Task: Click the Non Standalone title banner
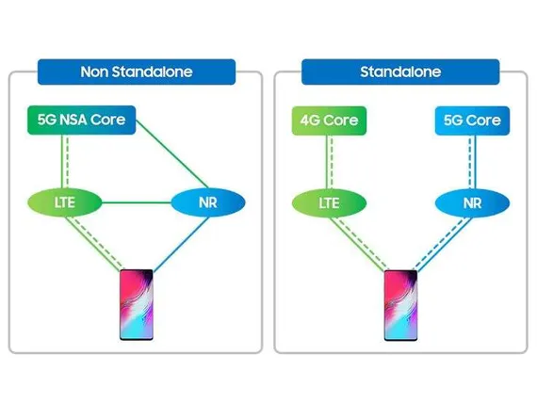137,72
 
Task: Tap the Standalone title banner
400,72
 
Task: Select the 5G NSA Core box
82,120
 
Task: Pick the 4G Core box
329,121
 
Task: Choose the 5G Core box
472,121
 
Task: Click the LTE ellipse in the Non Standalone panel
65,202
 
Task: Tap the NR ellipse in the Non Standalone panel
208,202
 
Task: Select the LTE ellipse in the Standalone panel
329,203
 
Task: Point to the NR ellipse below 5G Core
472,203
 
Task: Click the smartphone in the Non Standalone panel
137,305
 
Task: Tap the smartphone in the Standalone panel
400,305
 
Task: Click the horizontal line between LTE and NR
137,202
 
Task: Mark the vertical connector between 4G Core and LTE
330,162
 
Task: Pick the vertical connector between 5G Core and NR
472,162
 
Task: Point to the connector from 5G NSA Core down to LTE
65,161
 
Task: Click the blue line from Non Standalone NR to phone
181,244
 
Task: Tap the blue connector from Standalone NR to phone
443,245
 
